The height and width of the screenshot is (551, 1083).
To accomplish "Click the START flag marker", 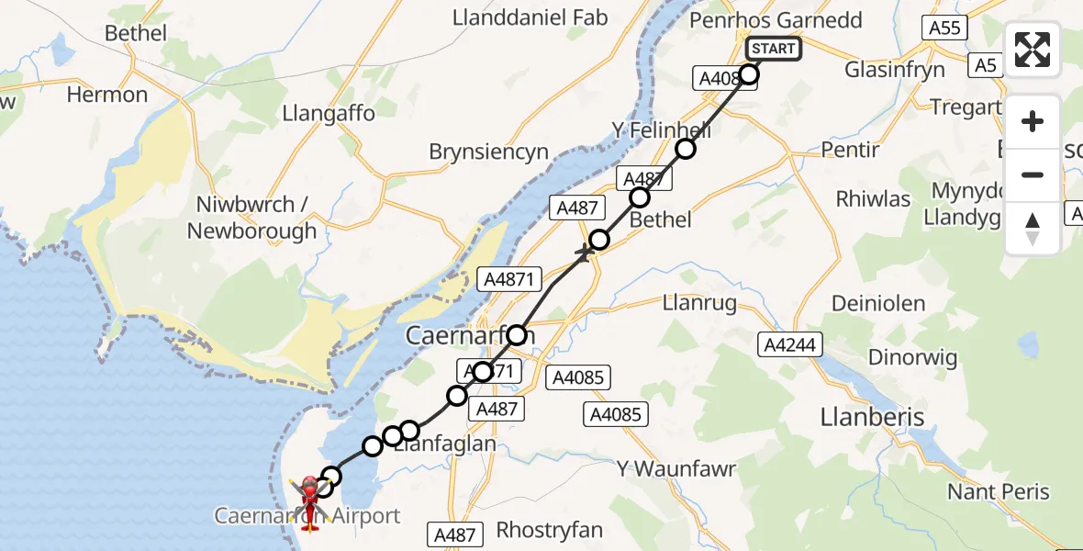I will point(774,49).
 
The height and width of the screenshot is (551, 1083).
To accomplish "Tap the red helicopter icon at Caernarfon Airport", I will point(310,496).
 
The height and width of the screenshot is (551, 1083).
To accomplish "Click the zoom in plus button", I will point(1033,122).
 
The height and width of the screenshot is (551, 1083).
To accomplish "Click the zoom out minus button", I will point(1033,174).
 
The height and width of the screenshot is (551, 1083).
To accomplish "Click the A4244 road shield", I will point(790,344).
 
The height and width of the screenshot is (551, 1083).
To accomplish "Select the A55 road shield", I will point(944,28).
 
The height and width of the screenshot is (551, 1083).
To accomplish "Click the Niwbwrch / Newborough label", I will point(251,218).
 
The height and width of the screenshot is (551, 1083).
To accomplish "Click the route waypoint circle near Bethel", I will point(640,197).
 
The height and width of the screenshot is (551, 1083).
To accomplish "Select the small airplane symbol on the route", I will point(585,251).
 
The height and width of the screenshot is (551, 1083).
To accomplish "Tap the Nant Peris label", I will point(998,492).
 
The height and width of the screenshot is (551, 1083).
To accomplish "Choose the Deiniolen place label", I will point(876,303).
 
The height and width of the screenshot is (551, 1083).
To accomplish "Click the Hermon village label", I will point(107,95).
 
